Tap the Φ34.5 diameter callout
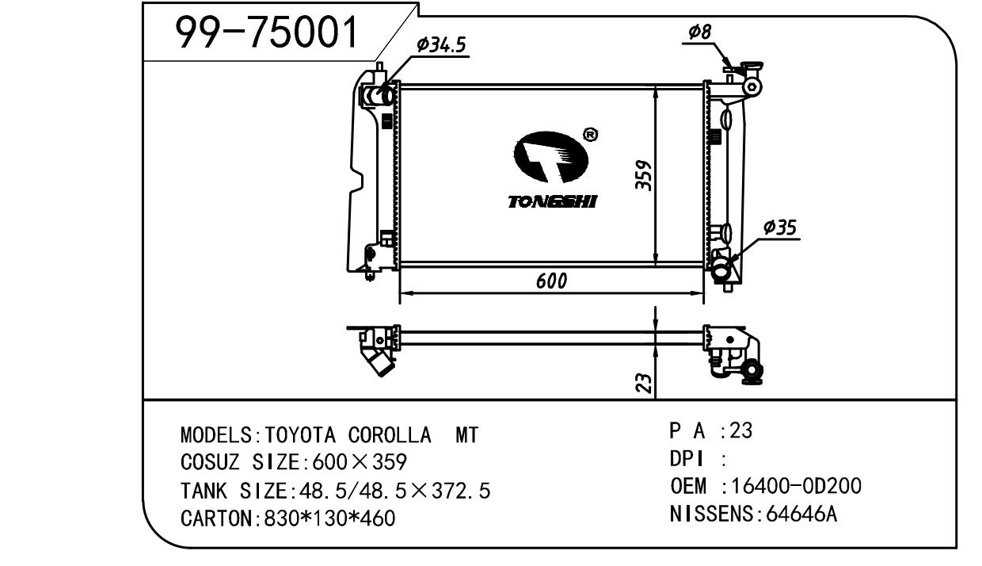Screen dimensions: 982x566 (x=440, y=44)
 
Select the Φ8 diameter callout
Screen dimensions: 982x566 (x=700, y=32)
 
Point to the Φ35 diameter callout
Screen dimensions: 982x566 (x=780, y=228)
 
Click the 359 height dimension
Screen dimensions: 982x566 (x=644, y=175)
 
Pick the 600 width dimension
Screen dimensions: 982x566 (x=551, y=281)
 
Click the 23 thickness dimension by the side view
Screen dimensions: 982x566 (x=644, y=383)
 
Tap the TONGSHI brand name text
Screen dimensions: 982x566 (x=553, y=202)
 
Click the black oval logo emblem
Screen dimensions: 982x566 (x=551, y=157)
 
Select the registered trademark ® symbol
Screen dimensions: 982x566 (x=591, y=134)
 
